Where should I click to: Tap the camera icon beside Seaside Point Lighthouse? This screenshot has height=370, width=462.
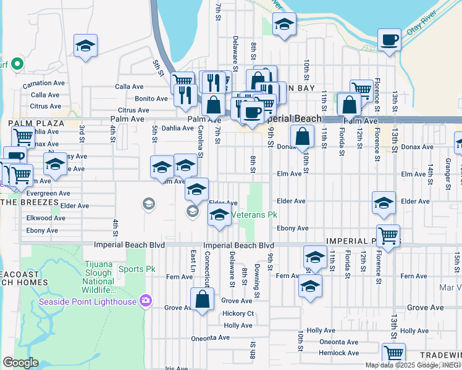coord(146,301)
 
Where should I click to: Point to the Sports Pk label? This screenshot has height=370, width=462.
coord(137,269)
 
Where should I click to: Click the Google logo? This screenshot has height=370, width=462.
coord(20,363)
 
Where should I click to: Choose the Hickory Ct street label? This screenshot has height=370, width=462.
coord(238,313)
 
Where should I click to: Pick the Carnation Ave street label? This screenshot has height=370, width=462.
coord(44,83)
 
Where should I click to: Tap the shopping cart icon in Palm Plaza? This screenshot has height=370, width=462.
coord(23,136)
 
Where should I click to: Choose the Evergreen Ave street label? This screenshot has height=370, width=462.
coord(48,193)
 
